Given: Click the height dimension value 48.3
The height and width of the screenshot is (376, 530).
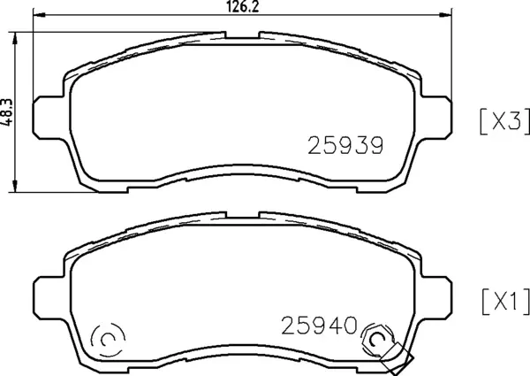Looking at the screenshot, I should (8, 111).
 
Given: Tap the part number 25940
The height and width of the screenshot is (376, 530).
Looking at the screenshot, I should (319, 326).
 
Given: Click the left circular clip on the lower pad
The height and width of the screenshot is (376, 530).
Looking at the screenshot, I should (106, 338).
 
